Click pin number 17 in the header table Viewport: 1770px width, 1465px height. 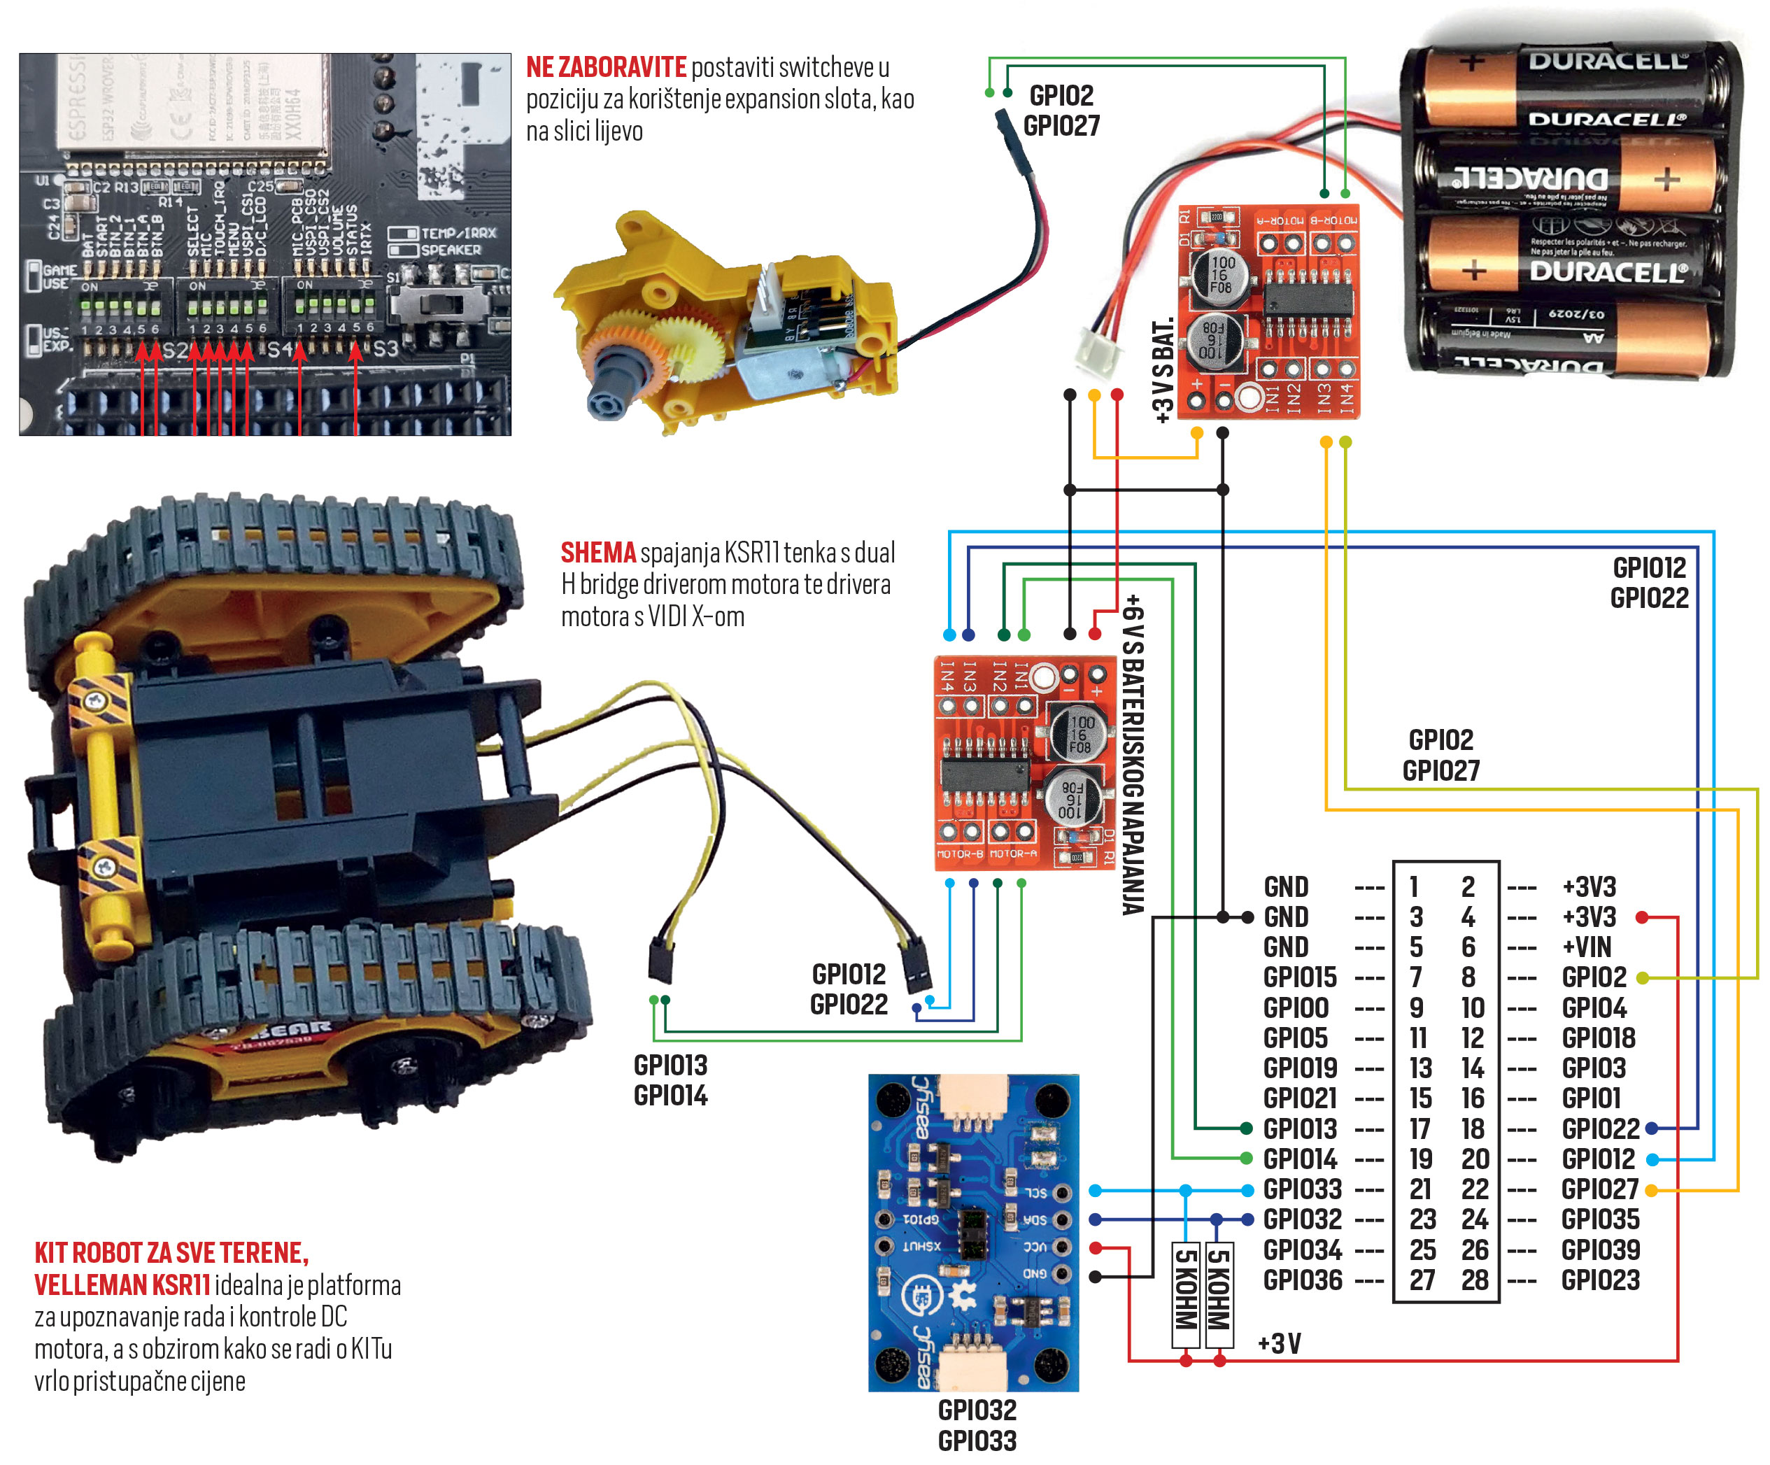pos(1420,1128)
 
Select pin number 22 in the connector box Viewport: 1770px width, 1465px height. pos(1474,1189)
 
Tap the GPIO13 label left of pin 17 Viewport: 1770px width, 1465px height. pos(1300,1128)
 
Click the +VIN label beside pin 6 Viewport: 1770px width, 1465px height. pos(1586,947)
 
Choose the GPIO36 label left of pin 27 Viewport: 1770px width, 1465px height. pos(1302,1280)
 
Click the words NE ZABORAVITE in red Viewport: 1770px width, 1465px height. pos(606,67)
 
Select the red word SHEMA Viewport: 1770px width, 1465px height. pos(597,553)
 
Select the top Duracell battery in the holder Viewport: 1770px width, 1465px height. pos(1568,84)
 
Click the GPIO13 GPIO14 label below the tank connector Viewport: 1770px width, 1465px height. pos(670,1080)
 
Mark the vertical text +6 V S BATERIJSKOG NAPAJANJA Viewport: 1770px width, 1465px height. pos(1133,754)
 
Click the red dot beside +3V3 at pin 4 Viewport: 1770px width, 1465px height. pos(1641,916)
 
